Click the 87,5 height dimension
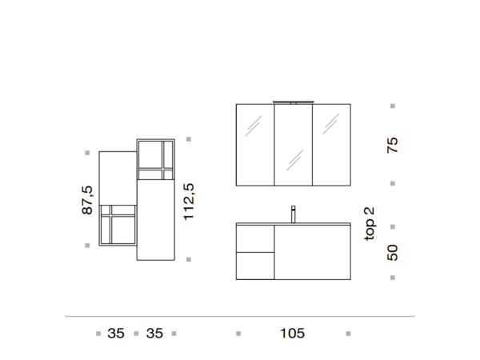tap(87, 200)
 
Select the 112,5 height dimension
tap(189, 202)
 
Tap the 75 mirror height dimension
tap(393, 145)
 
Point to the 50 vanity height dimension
tap(393, 253)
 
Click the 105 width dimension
tap(292, 334)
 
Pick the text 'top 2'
tap(370, 224)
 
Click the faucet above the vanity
tap(294, 214)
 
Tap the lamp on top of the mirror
tap(294, 102)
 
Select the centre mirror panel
tap(294, 145)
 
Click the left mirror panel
tap(255, 145)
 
